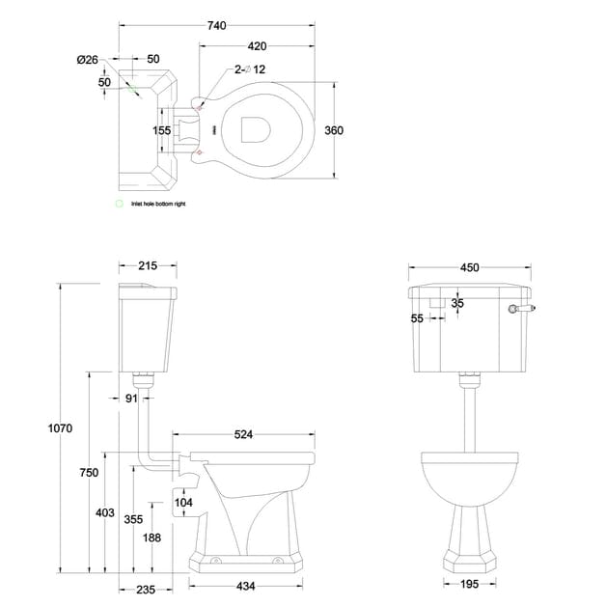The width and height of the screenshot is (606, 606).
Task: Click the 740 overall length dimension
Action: tap(217, 27)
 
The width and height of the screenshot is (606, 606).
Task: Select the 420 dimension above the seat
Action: tap(257, 45)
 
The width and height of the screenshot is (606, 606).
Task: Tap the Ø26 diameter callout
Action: tap(87, 60)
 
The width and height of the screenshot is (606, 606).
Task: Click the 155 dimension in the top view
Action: tap(161, 130)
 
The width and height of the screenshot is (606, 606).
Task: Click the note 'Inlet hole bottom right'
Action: tap(157, 204)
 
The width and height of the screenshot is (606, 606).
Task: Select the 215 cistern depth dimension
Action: tap(148, 265)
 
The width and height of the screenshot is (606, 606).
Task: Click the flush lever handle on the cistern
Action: tap(521, 310)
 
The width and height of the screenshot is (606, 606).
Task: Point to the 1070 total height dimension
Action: tap(60, 427)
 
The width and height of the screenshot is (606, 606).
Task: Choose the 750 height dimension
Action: tap(89, 472)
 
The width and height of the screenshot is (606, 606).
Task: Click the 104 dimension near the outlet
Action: tap(183, 502)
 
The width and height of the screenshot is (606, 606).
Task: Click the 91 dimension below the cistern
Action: tap(132, 397)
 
